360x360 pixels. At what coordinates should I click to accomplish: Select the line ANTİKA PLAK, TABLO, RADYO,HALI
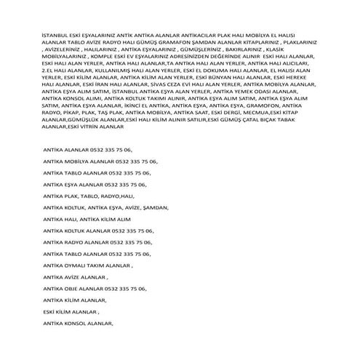coord(89,196)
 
